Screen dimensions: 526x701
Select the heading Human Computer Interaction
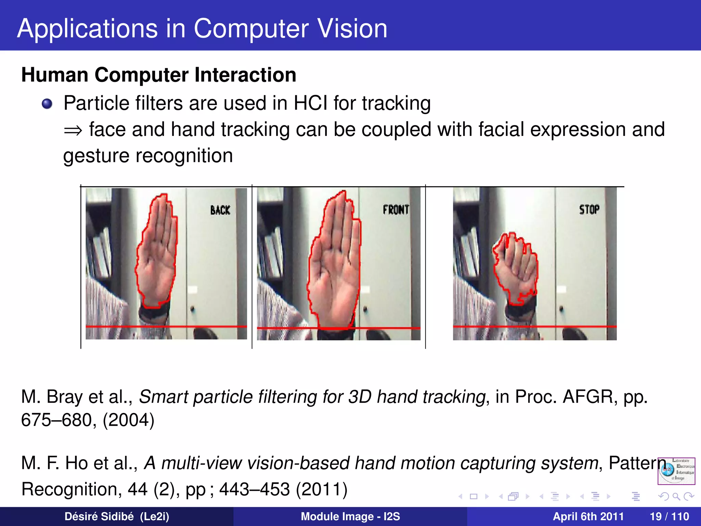tap(159, 75)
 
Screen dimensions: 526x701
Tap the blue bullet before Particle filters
tap(47, 104)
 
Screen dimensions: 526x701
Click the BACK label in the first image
tap(220, 210)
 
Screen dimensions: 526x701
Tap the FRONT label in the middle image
tap(396, 209)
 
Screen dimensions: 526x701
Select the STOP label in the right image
tap(589, 209)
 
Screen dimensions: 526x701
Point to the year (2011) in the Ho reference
tap(321, 489)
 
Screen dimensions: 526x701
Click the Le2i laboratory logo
tap(676, 471)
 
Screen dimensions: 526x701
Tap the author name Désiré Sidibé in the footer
tap(99, 516)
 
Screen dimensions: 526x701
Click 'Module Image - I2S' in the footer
tap(350, 516)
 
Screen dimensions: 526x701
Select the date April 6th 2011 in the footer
tap(588, 516)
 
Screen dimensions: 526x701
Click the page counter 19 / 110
tap(669, 516)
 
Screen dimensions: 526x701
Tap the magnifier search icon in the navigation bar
tap(676, 496)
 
